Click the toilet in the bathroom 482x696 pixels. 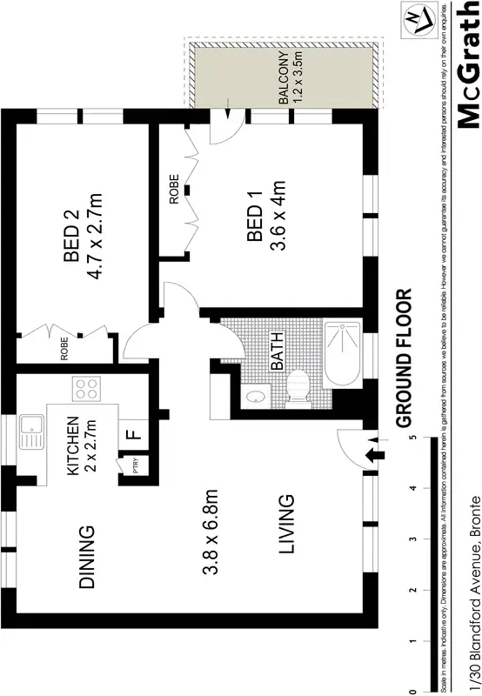coord(297,389)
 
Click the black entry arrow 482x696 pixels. coord(376,454)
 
